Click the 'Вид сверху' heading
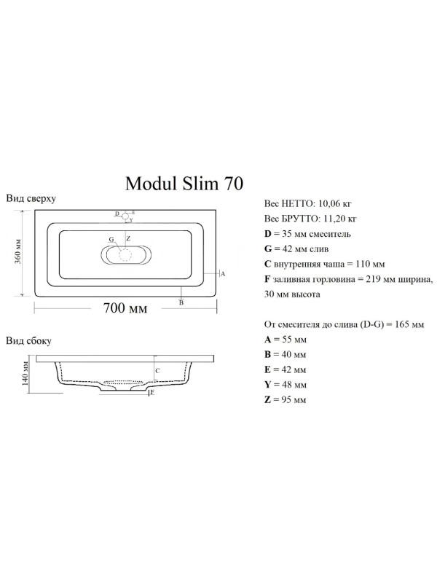click(x=31, y=198)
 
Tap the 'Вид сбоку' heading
click(x=29, y=340)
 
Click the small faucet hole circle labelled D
click(x=125, y=215)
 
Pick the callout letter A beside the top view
click(x=222, y=273)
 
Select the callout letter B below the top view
click(x=181, y=302)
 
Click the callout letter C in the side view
click(x=157, y=370)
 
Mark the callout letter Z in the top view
click(x=129, y=238)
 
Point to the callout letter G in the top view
click(x=111, y=239)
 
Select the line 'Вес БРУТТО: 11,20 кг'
click(x=310, y=218)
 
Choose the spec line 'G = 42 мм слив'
click(x=296, y=249)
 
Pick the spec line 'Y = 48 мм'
click(x=285, y=384)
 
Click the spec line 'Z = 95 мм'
click(x=285, y=399)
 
